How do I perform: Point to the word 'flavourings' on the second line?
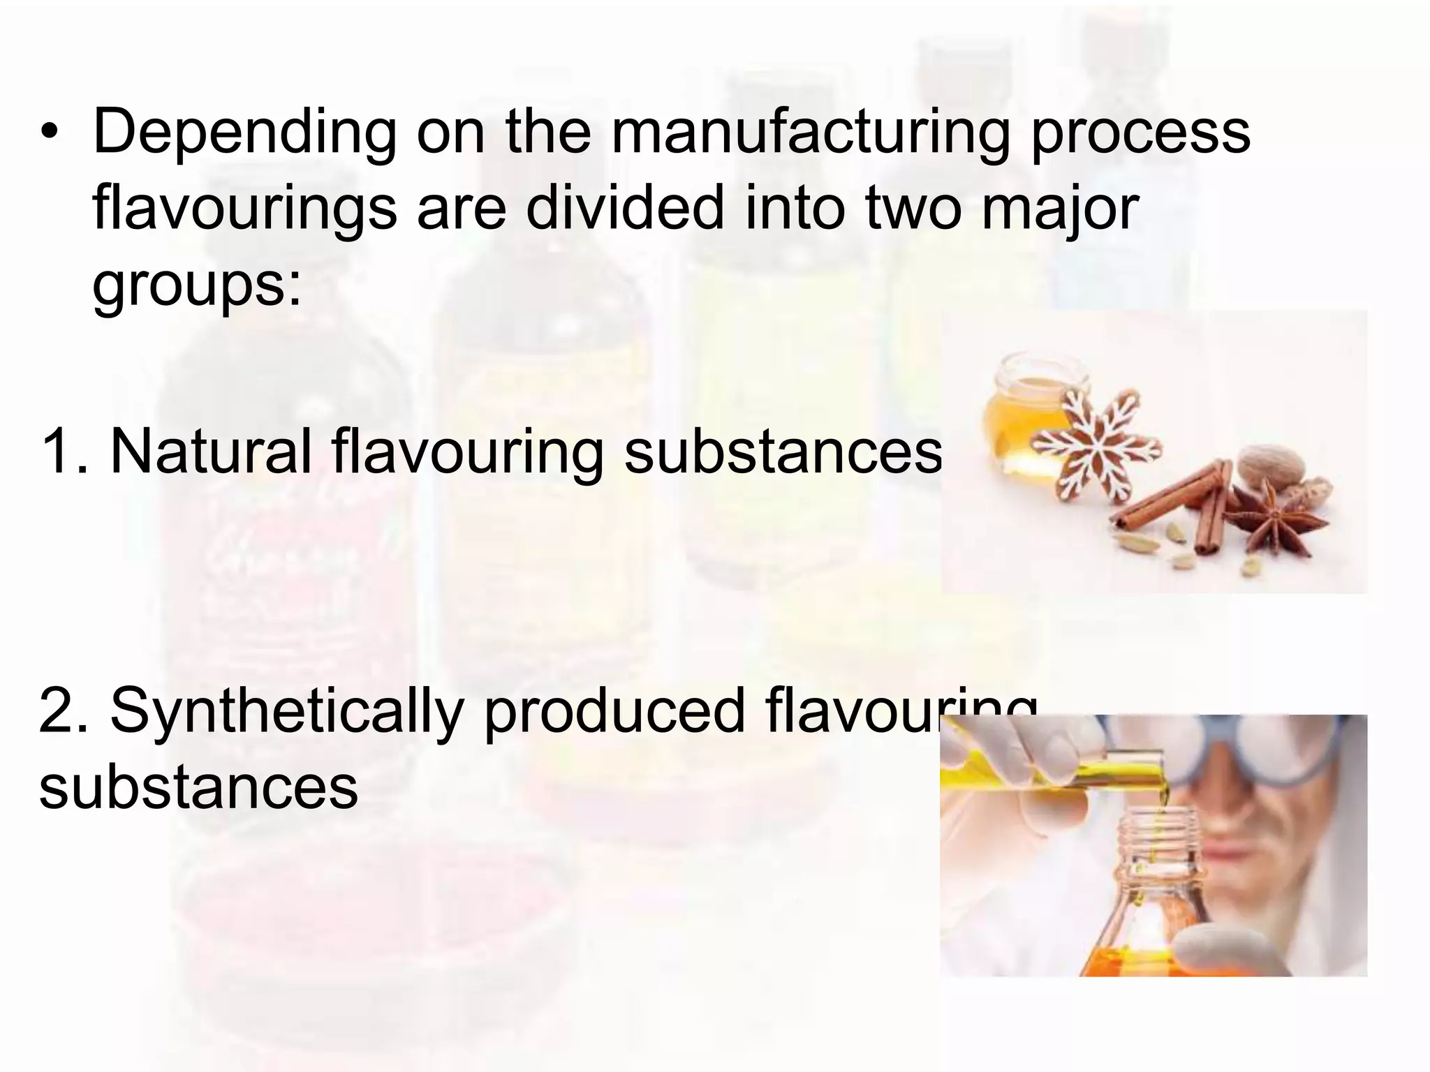pyautogui.click(x=244, y=209)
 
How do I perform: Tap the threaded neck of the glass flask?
pyautogui.click(x=1152, y=844)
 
